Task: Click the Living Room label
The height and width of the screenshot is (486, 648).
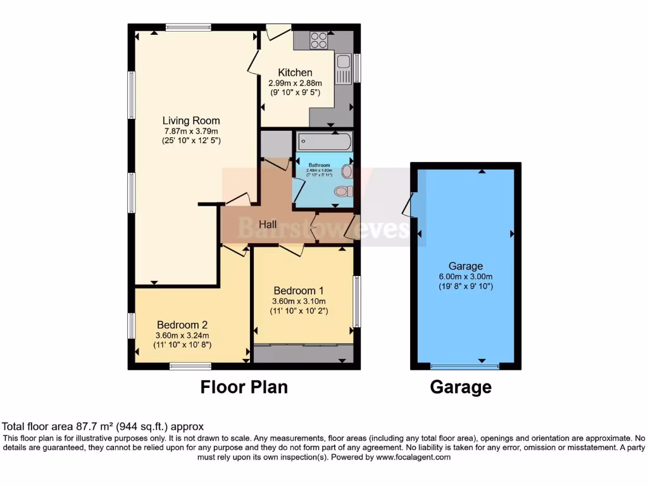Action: [191, 121]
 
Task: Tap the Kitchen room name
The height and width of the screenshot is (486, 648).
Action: [295, 73]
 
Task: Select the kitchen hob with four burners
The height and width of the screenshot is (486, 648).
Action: [319, 40]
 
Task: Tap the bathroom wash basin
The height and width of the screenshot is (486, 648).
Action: [347, 171]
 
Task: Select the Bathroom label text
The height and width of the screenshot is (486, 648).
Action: [320, 165]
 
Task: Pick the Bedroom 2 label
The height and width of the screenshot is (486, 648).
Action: [183, 325]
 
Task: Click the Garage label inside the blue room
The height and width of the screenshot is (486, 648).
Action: [466, 266]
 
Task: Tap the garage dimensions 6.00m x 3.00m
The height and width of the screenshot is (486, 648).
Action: [466, 277]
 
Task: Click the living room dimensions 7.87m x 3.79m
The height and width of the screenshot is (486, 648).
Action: [191, 131]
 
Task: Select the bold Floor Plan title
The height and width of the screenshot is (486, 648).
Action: [244, 387]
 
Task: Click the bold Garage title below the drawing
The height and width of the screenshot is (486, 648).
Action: [461, 387]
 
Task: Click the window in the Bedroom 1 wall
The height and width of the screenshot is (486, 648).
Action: [356, 302]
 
